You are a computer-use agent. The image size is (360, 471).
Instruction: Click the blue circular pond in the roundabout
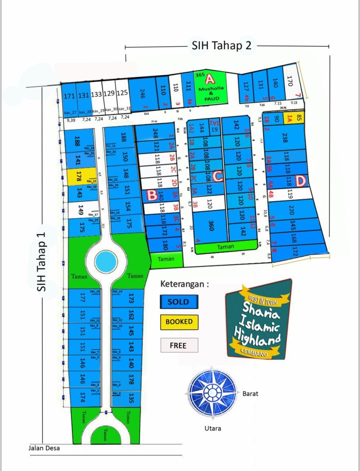pyautogui.click(x=106, y=259)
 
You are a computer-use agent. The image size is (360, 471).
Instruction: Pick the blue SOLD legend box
pyautogui.click(x=179, y=302)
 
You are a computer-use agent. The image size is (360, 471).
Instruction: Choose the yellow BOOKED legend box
pyautogui.click(x=179, y=322)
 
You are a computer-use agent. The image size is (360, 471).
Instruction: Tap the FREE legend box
pyautogui.click(x=179, y=345)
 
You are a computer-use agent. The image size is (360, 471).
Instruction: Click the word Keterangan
pyautogui.click(x=184, y=284)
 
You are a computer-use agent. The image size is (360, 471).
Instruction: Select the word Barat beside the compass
pyautogui.click(x=250, y=394)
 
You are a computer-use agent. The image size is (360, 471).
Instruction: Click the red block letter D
pyautogui.click(x=301, y=180)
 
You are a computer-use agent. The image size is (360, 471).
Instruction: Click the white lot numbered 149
pyautogui.click(x=81, y=210)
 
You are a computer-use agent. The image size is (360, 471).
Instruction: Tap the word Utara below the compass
pyautogui.click(x=212, y=428)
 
